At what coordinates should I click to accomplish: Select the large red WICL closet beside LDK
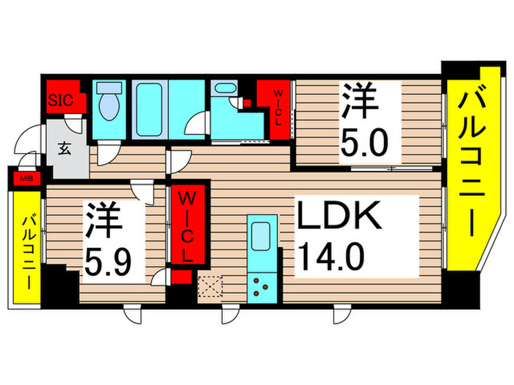point(187,227)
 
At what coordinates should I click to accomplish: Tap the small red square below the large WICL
point(184,278)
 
